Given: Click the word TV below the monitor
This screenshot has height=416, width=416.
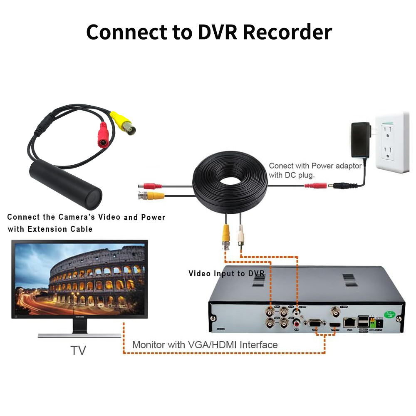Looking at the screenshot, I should point(78,350).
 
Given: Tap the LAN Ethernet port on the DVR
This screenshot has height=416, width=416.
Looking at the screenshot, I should point(349,322).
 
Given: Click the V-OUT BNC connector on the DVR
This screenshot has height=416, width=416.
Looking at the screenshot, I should point(335,311).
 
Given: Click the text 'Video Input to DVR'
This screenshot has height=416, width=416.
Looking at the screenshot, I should point(226,273).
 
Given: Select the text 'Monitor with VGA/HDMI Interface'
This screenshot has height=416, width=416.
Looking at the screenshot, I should point(205,344).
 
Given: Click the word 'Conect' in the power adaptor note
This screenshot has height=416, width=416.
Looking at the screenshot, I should point(281,166).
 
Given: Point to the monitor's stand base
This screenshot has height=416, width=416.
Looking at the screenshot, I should point(79,335).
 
